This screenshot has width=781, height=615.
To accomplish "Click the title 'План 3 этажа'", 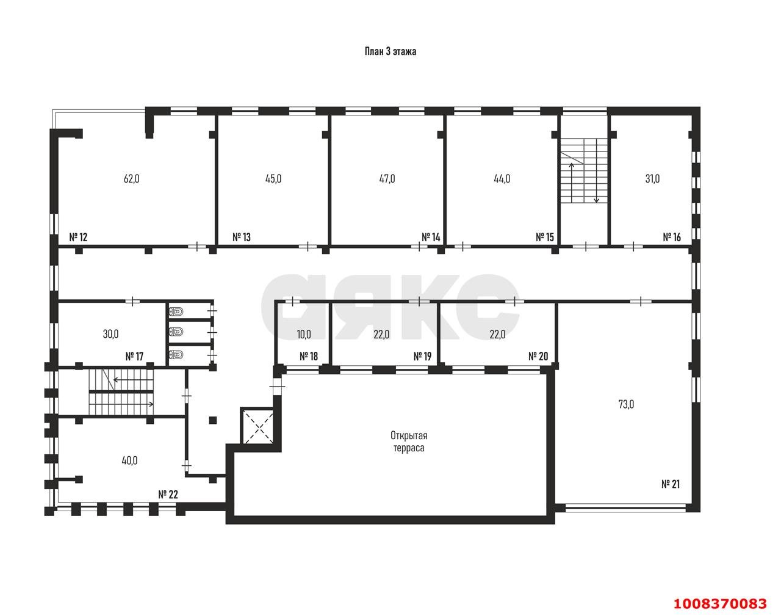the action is pos(390,51).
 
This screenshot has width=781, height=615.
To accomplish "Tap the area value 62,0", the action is pos(131,179).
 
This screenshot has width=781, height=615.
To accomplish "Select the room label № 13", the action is pos(242,237).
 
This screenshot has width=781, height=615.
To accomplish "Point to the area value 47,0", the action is pos(387,179).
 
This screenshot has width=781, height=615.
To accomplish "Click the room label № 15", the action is pos(545,237).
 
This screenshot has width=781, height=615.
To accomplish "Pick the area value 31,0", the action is pos(652,179).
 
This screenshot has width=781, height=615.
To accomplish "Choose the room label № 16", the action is pos(672,237).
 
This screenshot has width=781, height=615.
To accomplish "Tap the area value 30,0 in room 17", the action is pos(110,334).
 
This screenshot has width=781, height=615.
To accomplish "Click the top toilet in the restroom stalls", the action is pos(176,311).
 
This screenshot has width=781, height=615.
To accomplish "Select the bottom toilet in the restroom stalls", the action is pos(176,354).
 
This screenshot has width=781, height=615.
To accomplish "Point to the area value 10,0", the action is pos(304,334).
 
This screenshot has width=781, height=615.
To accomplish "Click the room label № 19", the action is pos(422,357).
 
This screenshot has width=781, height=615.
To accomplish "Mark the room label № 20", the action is pos(538,357).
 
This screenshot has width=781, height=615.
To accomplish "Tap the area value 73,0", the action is pos(626,404).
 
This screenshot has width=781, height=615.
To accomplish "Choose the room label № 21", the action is pos(671,484).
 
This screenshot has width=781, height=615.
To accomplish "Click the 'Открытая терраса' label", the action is pos(409,442).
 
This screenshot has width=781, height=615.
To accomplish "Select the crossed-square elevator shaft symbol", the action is pos(257,426).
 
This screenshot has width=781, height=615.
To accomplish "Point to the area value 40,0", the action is pos(129,461).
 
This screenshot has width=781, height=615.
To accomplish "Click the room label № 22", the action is pos(168,495).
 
